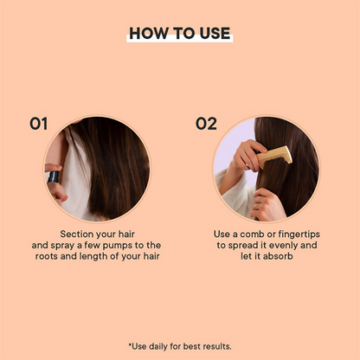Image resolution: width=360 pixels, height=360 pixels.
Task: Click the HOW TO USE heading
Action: [x=180, y=33]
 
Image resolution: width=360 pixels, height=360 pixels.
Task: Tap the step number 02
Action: [x=205, y=124]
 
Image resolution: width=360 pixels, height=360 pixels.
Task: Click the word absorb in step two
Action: [x=280, y=257]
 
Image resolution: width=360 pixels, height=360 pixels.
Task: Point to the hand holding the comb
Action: [x=251, y=157]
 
